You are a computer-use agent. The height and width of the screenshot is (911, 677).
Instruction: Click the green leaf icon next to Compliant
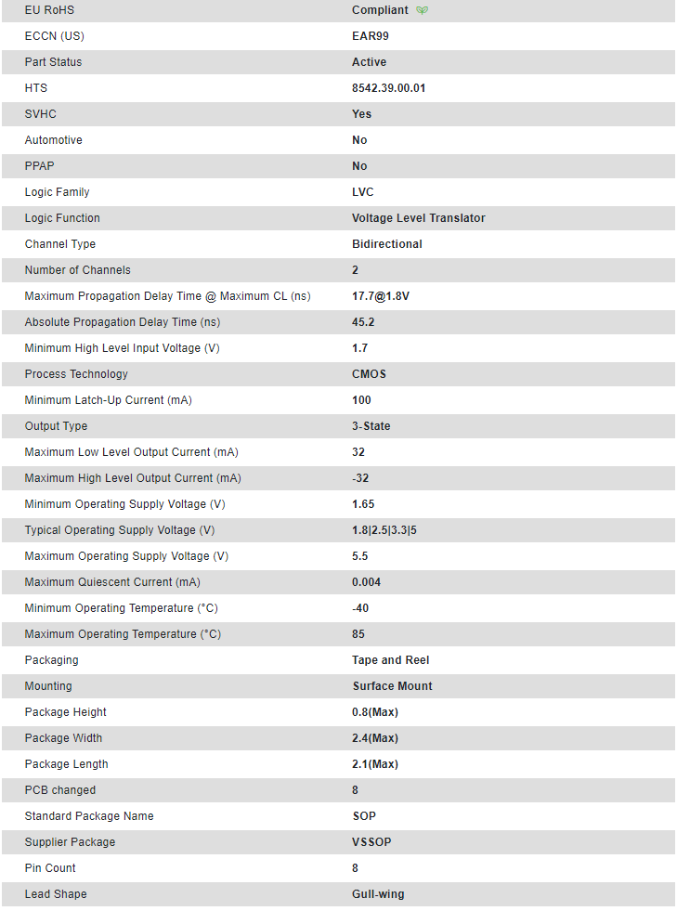point(423,10)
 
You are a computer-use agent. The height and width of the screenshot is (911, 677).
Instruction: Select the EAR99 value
point(371,36)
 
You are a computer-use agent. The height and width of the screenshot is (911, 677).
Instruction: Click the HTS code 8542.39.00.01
point(389,88)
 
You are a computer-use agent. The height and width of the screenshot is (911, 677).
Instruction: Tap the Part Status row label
point(53,62)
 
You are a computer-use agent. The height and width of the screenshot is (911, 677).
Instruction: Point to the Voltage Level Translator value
point(419,218)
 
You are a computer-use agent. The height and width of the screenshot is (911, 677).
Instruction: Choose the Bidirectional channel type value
point(387,244)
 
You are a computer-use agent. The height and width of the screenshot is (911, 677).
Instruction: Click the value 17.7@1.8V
point(381,296)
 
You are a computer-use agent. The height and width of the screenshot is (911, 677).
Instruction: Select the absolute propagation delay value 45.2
point(363,322)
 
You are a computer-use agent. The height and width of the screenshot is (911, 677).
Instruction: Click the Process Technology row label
point(76,374)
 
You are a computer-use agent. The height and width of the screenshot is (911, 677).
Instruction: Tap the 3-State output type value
point(371,426)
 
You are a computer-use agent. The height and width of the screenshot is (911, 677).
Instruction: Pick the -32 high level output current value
point(360,478)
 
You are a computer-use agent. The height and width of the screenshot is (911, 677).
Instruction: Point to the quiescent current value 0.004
point(367,582)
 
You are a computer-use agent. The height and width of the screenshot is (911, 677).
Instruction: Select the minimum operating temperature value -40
point(360,608)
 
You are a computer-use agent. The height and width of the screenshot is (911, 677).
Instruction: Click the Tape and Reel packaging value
point(391,660)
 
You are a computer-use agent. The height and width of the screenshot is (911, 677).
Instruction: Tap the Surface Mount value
point(393,686)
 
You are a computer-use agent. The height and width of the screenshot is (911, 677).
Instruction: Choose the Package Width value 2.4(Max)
point(375,738)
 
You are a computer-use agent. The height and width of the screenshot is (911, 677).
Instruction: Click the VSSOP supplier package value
point(371,842)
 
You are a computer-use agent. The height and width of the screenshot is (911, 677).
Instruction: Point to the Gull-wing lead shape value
point(378,894)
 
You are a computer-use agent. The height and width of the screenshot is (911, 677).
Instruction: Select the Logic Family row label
point(57,192)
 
